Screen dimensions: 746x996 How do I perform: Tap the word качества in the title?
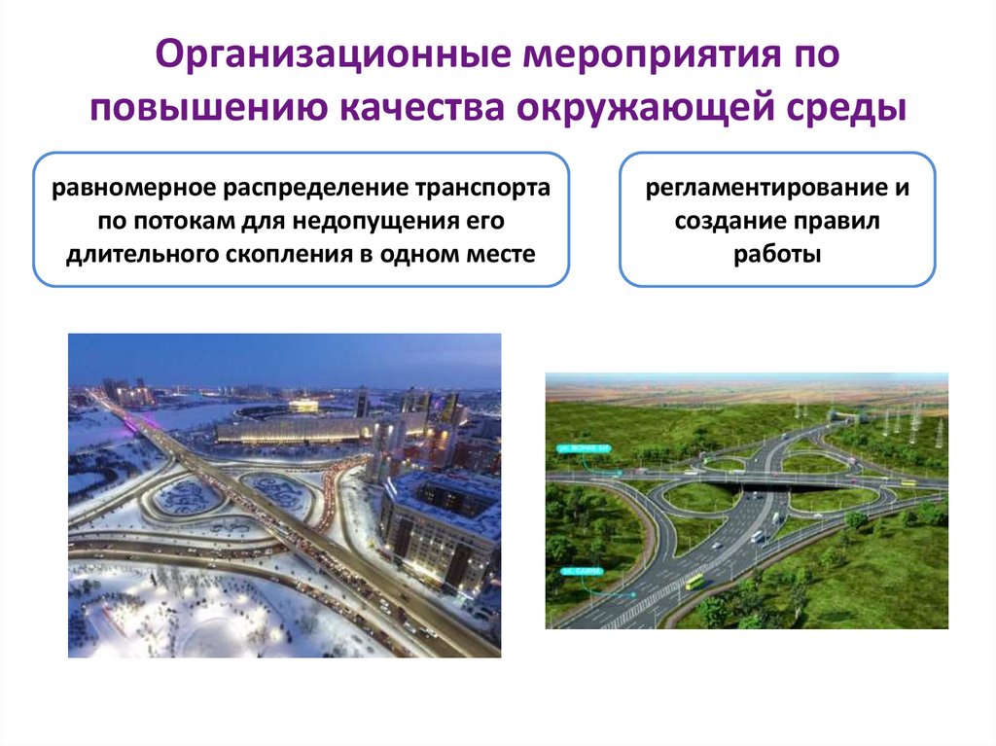(x=419, y=108)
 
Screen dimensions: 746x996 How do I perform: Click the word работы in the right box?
(x=777, y=256)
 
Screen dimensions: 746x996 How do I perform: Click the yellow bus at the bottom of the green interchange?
(x=694, y=582)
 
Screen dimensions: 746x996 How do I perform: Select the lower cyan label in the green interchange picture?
(x=583, y=572)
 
